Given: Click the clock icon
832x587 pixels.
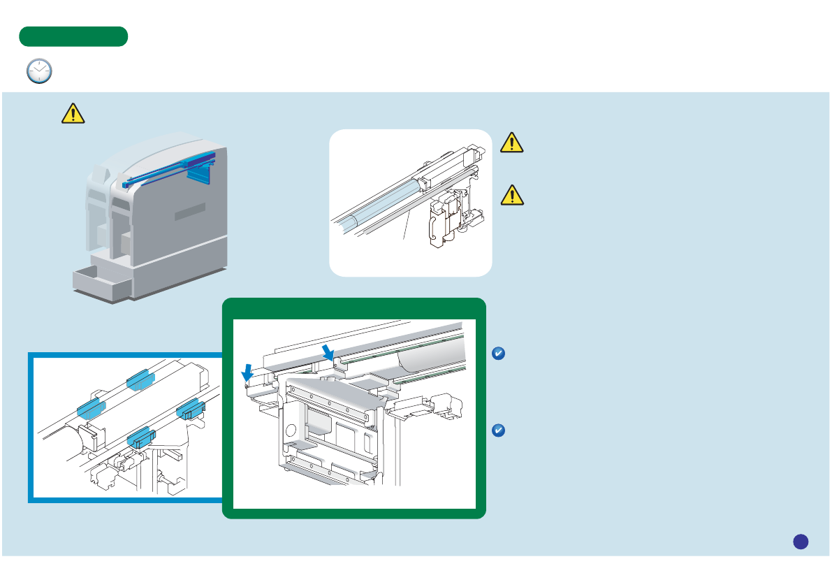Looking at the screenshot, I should pos(39,71).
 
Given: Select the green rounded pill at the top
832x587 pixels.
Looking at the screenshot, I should pos(73,36).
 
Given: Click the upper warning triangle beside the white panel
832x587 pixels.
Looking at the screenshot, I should pos(512,143).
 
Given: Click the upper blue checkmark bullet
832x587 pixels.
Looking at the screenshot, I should pos(498,355).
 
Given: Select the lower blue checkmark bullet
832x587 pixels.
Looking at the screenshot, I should pos(498,430).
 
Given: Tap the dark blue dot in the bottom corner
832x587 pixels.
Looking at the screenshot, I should pos(801,541).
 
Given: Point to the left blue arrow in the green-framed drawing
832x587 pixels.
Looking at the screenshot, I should pos(247,374).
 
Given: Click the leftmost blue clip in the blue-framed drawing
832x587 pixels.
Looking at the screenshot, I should pos(92,407).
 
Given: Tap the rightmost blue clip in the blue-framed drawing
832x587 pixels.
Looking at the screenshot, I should pos(189,410).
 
